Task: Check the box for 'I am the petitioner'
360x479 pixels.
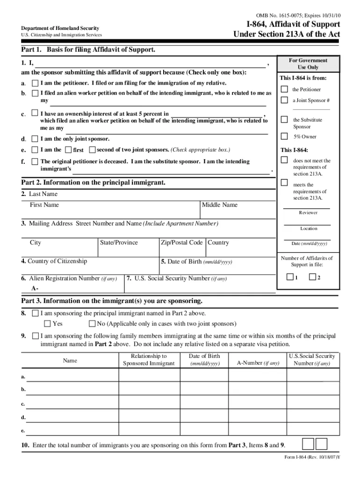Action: click(x=35, y=83)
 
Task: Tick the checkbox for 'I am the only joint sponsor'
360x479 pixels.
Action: click(x=35, y=139)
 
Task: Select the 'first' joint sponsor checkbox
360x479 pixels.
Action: click(x=68, y=150)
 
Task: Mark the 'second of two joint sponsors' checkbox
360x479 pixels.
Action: click(x=92, y=150)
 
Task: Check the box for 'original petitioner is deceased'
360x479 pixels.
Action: click(x=35, y=161)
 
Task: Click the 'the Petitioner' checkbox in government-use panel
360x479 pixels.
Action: click(x=284, y=89)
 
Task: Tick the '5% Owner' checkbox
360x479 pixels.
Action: click(x=284, y=137)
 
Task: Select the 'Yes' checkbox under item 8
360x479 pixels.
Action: click(x=47, y=324)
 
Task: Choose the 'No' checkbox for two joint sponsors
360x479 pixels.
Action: click(x=92, y=324)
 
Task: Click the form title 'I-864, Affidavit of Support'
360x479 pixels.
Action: click(x=294, y=24)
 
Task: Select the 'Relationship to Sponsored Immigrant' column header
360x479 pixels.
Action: click(x=149, y=360)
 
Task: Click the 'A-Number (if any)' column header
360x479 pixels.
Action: click(x=258, y=363)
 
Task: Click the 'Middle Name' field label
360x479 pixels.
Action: click(x=220, y=205)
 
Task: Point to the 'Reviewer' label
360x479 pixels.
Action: click(x=308, y=212)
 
